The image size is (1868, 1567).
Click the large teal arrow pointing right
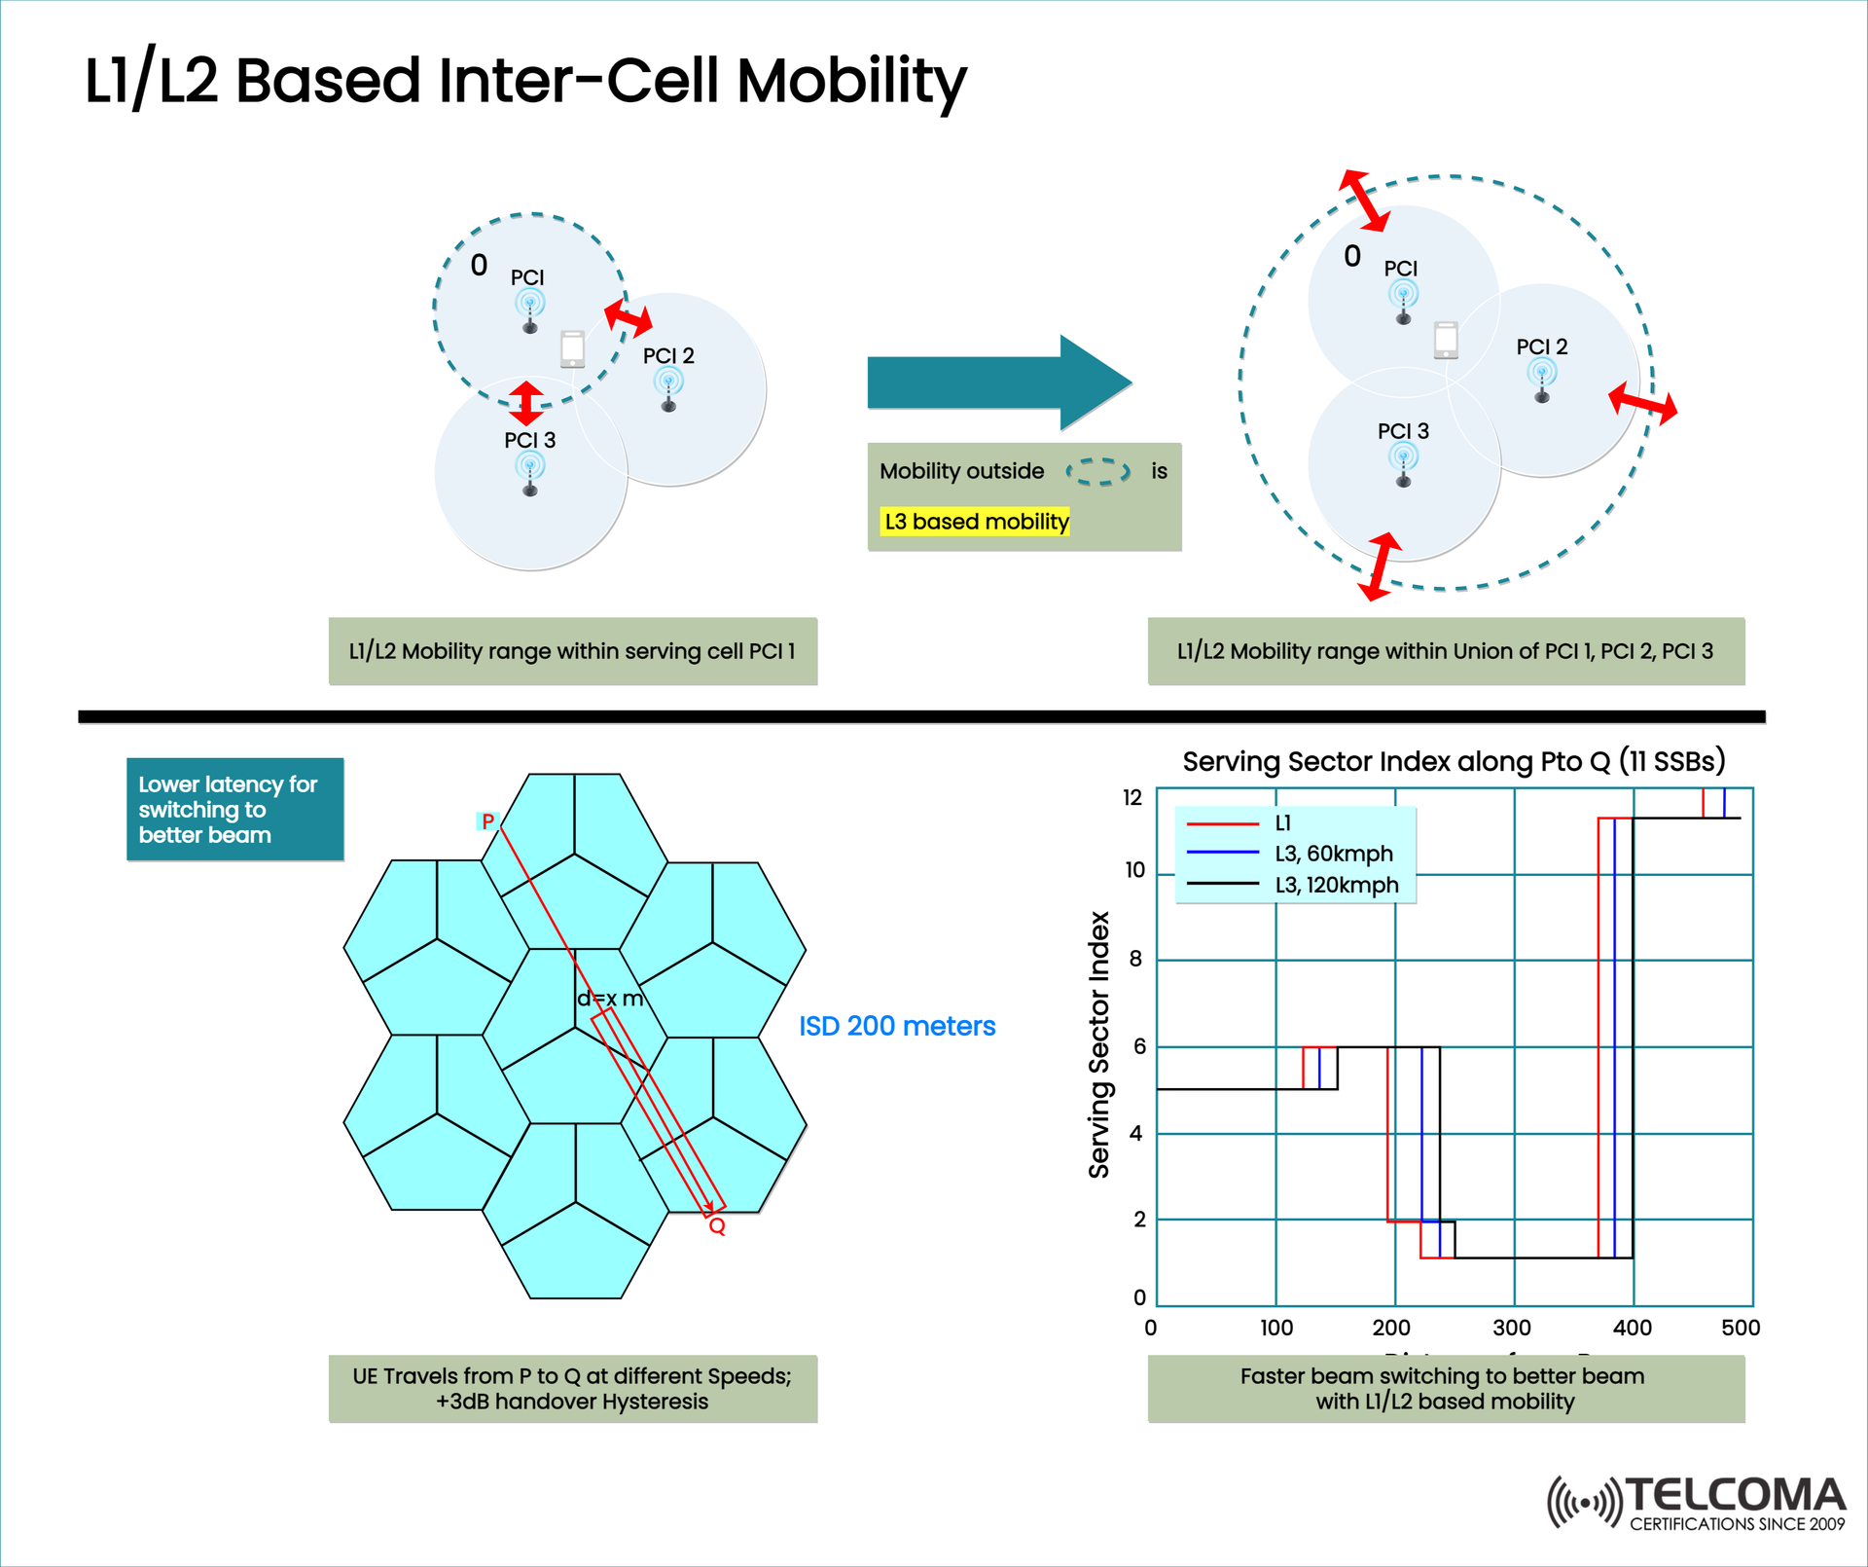point(992,383)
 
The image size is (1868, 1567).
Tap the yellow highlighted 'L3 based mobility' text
point(975,522)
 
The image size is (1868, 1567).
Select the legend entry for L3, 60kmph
point(1333,854)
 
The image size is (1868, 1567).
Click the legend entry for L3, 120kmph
point(1336,885)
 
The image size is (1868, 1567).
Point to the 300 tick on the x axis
point(1512,1328)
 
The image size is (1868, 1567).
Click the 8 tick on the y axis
point(1135,959)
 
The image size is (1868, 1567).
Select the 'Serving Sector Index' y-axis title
point(1098,1044)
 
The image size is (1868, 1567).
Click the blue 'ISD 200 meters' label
point(896,1026)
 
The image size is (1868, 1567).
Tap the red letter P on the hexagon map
point(487,821)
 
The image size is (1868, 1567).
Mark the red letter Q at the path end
point(717,1226)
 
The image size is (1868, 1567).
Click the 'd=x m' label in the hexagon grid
point(610,999)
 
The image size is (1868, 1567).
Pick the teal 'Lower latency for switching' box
point(234,809)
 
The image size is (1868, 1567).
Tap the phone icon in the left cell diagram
point(572,348)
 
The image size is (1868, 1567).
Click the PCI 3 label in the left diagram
point(529,440)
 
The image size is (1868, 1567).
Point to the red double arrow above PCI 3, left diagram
point(525,403)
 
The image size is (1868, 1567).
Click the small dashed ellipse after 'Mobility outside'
point(1098,472)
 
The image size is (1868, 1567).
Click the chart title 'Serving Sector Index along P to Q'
point(1453,761)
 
